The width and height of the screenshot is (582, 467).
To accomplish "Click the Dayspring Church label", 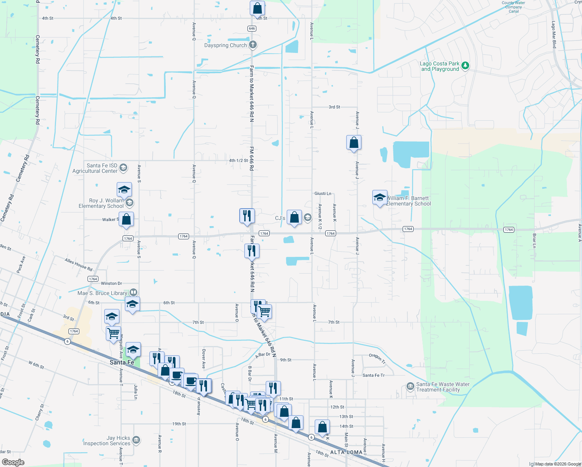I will pyautogui.click(x=226, y=46).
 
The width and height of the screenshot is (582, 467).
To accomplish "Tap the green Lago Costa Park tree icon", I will pyautogui.click(x=465, y=66).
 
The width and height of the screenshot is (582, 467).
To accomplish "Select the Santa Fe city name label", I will pyautogui.click(x=122, y=362).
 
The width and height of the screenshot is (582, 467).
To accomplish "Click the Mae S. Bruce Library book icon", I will pyautogui.click(x=133, y=292).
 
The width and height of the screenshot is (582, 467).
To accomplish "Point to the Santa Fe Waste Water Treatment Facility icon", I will pyautogui.click(x=410, y=386).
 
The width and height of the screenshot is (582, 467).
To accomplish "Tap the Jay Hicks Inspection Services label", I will pyautogui.click(x=107, y=441).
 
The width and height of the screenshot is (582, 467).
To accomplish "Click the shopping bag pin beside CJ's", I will pyautogui.click(x=295, y=218).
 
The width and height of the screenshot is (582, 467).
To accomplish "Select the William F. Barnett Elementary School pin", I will pyautogui.click(x=379, y=197).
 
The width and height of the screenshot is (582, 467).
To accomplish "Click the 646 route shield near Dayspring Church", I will pyautogui.click(x=252, y=28).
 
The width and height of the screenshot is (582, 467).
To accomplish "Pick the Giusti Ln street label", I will pyautogui.click(x=323, y=193).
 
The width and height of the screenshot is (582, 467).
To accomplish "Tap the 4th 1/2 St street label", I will pyautogui.click(x=238, y=160).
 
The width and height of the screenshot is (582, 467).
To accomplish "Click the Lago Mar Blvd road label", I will pyautogui.click(x=554, y=35).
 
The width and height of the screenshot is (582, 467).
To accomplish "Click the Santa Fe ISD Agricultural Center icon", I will pyautogui.click(x=123, y=168).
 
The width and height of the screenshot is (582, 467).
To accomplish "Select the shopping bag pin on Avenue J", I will pyautogui.click(x=354, y=142).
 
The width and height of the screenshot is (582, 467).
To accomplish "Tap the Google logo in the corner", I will pyautogui.click(x=13, y=462).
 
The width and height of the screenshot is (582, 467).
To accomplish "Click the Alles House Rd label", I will pyautogui.click(x=79, y=265).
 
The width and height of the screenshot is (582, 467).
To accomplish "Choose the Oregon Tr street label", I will pyautogui.click(x=377, y=358).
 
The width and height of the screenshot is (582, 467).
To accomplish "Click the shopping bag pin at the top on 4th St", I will pyautogui.click(x=257, y=8).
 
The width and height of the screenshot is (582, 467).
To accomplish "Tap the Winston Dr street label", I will pyautogui.click(x=111, y=283).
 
